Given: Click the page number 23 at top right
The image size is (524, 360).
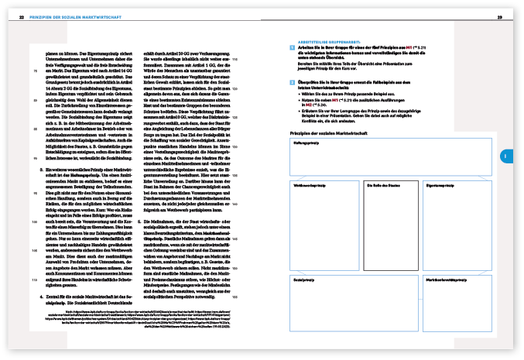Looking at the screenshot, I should [500, 18].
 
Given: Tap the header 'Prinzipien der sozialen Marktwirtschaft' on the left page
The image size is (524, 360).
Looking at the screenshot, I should [70, 18].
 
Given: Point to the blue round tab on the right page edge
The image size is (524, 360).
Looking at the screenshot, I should [503, 156].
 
